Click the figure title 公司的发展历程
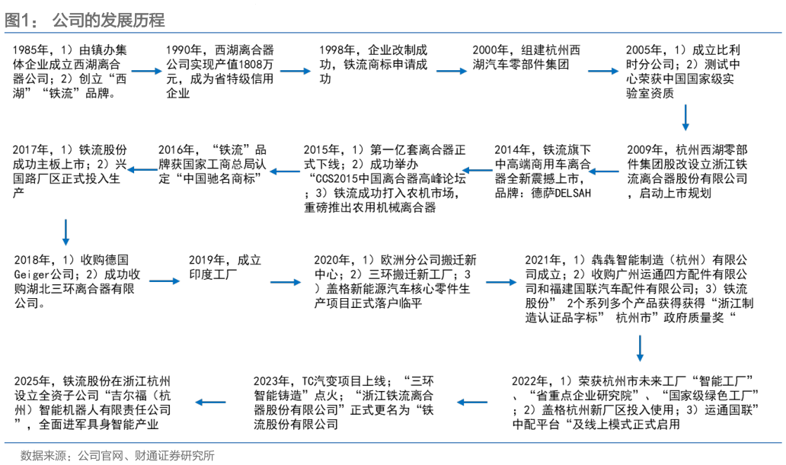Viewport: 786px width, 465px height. tap(109, 20)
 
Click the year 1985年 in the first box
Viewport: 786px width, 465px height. tap(30, 50)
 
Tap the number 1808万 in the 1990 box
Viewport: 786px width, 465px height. tap(256, 65)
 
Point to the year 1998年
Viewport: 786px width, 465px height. tap(337, 50)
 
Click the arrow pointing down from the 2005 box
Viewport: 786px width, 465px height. tap(685, 117)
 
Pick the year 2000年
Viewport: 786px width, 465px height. tap(490, 50)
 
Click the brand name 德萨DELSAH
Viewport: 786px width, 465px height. tap(561, 193)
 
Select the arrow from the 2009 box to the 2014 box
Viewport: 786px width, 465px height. tap(604, 172)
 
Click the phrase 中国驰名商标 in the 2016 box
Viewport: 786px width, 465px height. tap(219, 179)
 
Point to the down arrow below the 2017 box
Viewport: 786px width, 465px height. tap(65, 232)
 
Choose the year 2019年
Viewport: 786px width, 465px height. tap(207, 261)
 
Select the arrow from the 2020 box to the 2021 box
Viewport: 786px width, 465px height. tap(501, 282)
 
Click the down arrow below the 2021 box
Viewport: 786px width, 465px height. tap(640, 348)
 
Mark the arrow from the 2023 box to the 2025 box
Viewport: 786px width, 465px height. tap(210, 402)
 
